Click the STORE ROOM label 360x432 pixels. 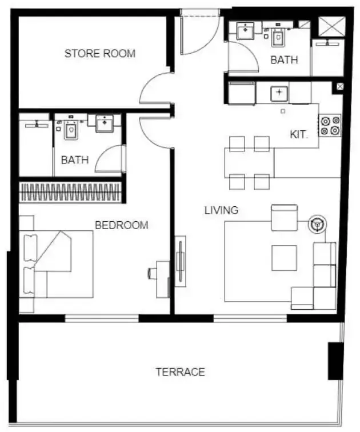pyautogui.click(x=100, y=54)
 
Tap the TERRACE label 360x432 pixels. pyautogui.click(x=181, y=372)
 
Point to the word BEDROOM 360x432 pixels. pyautogui.click(x=122, y=225)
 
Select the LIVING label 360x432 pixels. pyautogui.click(x=221, y=210)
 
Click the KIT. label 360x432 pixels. pyautogui.click(x=299, y=135)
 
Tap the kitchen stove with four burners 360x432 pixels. pyautogui.click(x=330, y=125)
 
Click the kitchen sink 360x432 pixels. pyautogui.click(x=279, y=93)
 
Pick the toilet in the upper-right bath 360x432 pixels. pyautogui.click(x=278, y=37)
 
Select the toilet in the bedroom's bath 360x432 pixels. pyautogui.click(x=71, y=130)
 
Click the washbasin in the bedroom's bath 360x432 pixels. pyautogui.click(x=105, y=123)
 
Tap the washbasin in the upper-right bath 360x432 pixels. pyautogui.click(x=245, y=31)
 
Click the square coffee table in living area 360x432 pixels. pyautogui.click(x=284, y=258)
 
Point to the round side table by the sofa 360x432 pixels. pyautogui.click(x=317, y=224)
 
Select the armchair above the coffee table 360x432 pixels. pyautogui.click(x=284, y=218)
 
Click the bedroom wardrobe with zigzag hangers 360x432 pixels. pyautogui.click(x=70, y=192)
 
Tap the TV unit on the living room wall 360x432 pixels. pyautogui.click(x=181, y=262)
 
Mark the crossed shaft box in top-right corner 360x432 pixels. pyautogui.click(x=331, y=26)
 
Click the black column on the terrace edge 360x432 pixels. pyautogui.click(x=335, y=361)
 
